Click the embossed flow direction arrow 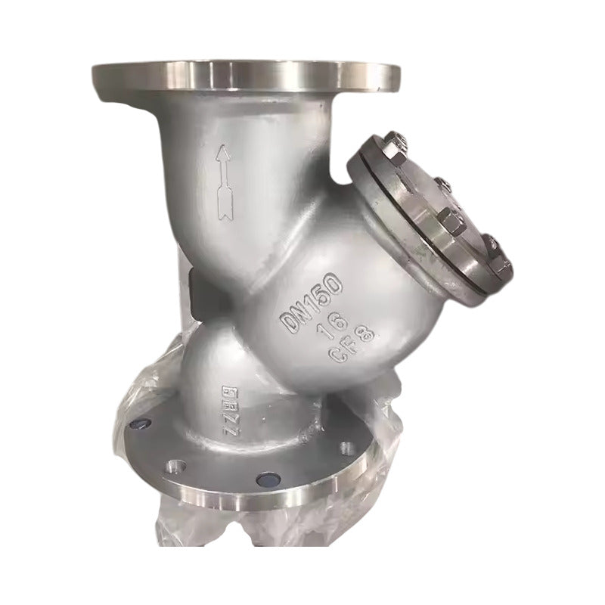point(222,181)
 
